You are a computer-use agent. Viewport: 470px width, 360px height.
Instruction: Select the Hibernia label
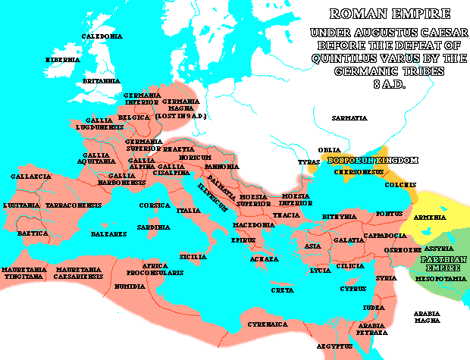coord(62,58)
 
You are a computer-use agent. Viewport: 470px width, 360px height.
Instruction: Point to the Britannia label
coord(101,80)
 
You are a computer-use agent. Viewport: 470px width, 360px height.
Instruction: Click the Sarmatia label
coord(349,118)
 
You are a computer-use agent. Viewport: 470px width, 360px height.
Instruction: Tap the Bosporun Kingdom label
coord(371,160)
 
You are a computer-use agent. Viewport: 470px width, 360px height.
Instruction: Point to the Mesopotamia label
coord(439,278)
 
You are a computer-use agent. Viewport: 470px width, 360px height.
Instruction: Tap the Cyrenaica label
coord(266,324)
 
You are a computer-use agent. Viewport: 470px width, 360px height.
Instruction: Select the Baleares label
coord(105,234)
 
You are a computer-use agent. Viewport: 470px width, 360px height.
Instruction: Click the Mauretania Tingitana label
coord(27,272)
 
